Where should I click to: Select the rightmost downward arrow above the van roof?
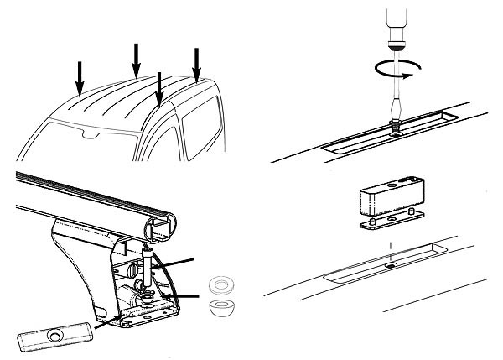198,64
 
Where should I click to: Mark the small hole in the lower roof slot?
390,266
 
